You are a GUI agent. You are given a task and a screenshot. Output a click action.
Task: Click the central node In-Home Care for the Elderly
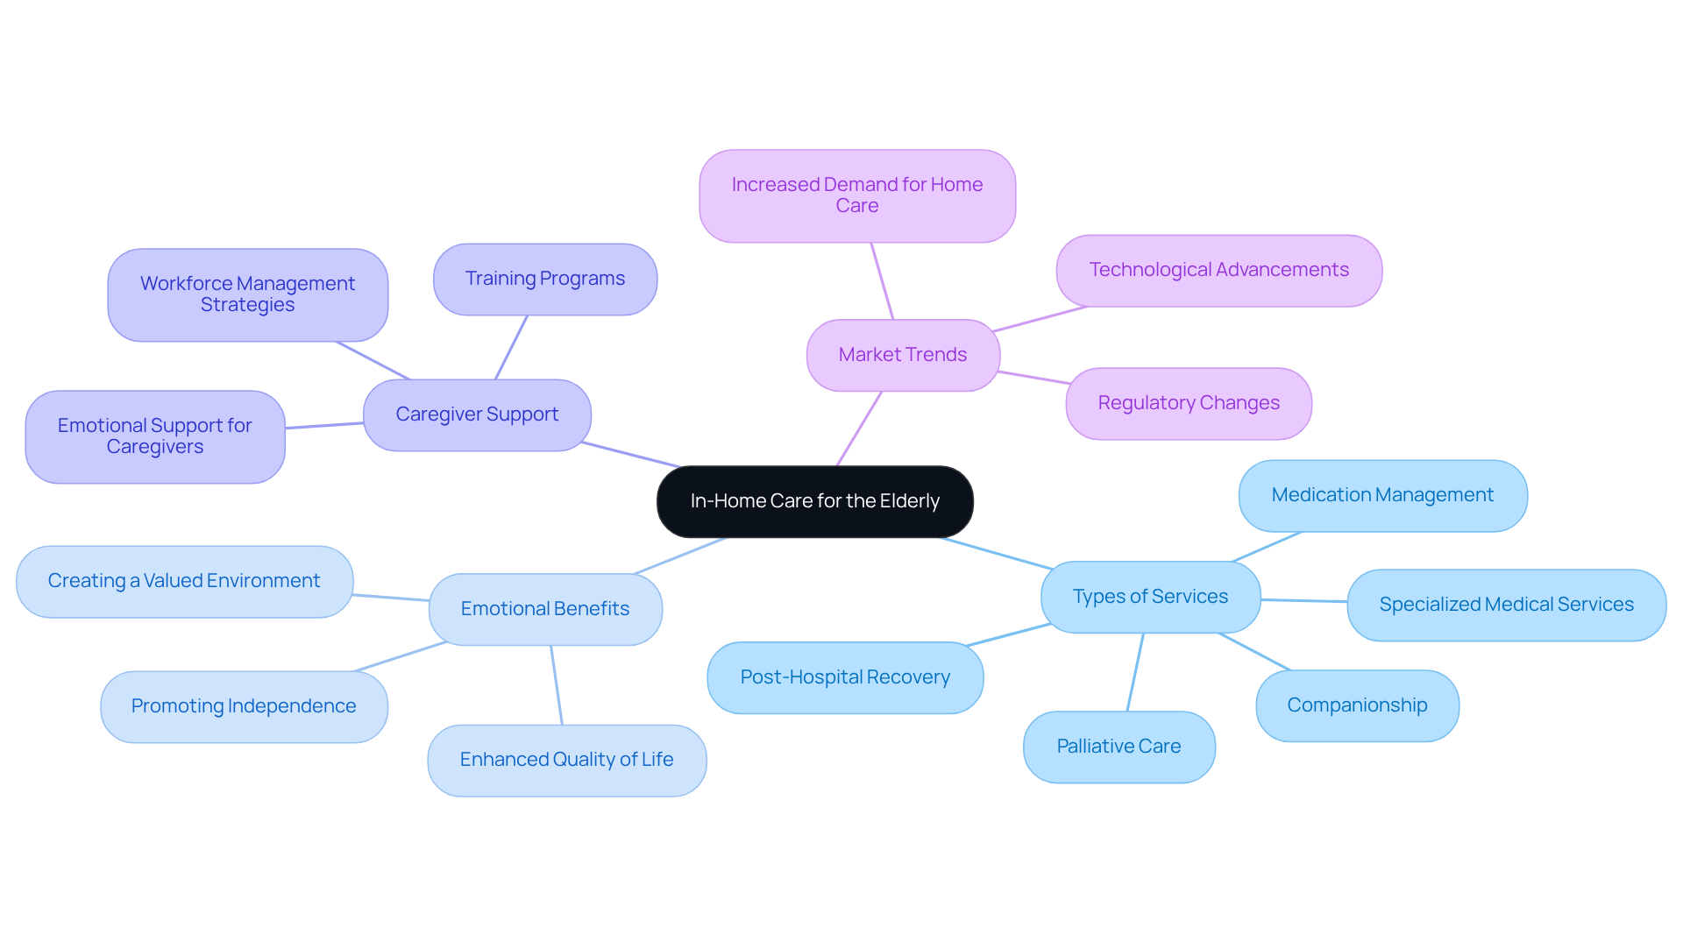[814, 501]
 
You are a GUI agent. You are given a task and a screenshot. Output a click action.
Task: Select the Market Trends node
[902, 355]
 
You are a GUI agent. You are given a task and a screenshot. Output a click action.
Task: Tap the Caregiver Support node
[477, 414]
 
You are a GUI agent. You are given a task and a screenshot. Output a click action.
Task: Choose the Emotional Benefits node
[544, 609]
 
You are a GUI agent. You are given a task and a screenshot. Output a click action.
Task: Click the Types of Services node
[1150, 597]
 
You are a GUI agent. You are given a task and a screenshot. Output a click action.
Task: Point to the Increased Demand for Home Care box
[856, 195]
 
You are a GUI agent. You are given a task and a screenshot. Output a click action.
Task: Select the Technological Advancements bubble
[1218, 270]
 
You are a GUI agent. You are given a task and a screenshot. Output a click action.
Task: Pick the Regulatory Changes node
[1188, 403]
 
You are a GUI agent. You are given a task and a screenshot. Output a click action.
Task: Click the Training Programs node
[544, 279]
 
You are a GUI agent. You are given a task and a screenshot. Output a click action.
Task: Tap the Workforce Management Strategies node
[247, 294]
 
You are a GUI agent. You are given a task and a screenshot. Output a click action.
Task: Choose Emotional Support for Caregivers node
[154, 436]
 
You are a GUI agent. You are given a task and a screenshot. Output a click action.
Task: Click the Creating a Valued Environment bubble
[184, 581]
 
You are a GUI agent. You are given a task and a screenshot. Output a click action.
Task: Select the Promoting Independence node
[244, 706]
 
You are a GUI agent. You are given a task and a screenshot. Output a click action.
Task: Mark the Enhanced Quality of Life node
[566, 760]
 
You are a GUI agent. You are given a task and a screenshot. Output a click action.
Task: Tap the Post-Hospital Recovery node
[844, 677]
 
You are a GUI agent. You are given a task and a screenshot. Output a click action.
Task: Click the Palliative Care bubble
[1118, 747]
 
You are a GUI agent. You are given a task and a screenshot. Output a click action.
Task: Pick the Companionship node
[1357, 705]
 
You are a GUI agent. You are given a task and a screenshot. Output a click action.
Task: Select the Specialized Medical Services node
[1506, 605]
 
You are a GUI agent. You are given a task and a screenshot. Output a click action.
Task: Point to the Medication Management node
[1382, 495]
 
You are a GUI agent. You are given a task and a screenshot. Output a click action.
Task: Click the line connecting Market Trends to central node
[859, 428]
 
